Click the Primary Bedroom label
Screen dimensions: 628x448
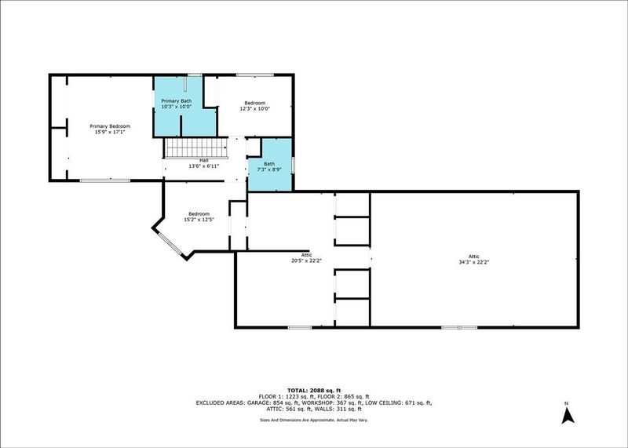(x=110, y=126)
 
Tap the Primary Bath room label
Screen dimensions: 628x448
(x=176, y=101)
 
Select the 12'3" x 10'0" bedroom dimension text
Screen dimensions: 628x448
(x=255, y=108)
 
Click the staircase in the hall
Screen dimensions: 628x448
(x=196, y=148)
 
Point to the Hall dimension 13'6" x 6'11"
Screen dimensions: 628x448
(x=204, y=166)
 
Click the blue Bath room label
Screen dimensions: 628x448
(x=269, y=164)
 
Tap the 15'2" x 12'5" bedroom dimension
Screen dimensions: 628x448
(x=199, y=220)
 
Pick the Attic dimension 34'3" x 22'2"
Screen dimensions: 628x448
(x=474, y=262)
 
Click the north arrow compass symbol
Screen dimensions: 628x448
(x=568, y=416)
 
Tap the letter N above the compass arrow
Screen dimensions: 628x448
(x=566, y=402)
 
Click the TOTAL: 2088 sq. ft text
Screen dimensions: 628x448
(x=314, y=391)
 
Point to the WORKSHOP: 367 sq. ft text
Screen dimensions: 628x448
(x=332, y=402)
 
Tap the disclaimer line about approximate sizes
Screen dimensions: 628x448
(x=314, y=420)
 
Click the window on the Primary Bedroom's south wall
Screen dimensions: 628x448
(x=105, y=180)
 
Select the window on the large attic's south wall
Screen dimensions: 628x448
(x=459, y=327)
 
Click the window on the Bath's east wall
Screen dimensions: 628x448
(x=293, y=165)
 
